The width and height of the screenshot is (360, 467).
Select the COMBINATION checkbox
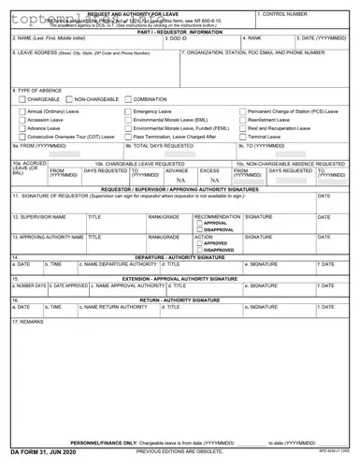coord(128,97)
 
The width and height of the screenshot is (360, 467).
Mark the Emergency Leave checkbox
coord(128,111)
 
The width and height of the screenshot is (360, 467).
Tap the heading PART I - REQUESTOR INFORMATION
coord(180,31)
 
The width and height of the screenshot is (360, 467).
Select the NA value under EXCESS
coord(214,181)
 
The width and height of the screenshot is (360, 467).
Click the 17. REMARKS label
coord(28,321)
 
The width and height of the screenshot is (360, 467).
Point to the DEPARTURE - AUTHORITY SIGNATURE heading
coord(180,256)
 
